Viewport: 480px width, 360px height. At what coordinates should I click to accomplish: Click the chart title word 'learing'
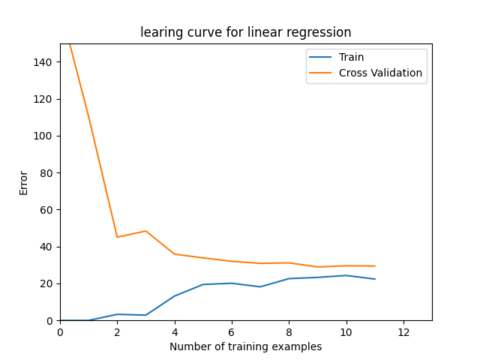(x=160, y=32)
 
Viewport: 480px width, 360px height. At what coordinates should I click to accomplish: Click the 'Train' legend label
(x=351, y=57)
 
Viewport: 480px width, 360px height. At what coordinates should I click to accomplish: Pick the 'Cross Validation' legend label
(x=380, y=73)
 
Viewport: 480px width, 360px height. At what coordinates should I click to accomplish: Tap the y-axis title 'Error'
(x=23, y=183)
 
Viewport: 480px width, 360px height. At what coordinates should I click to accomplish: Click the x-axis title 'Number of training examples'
(x=245, y=346)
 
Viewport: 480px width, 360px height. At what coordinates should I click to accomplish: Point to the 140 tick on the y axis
(x=42, y=62)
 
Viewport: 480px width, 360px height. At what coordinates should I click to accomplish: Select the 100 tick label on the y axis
(x=42, y=136)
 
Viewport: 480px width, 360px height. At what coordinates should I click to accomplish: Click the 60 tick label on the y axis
(x=46, y=210)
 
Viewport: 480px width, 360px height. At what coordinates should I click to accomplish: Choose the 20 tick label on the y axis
(x=46, y=283)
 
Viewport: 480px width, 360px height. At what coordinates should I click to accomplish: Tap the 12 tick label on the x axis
(x=403, y=332)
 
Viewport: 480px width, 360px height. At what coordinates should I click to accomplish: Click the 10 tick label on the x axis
(x=346, y=332)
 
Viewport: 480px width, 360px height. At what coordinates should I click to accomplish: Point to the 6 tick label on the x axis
(x=232, y=332)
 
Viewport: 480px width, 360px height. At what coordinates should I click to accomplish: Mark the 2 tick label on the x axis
(x=117, y=332)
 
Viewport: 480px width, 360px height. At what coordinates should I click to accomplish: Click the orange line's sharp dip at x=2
(x=117, y=237)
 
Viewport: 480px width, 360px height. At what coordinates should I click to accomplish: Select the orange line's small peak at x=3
(x=146, y=231)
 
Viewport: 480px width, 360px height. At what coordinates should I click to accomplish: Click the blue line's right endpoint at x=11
(x=375, y=279)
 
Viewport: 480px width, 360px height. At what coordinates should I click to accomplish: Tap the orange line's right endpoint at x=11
(x=375, y=266)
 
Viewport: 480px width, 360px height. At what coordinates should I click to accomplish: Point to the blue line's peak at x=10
(x=346, y=275)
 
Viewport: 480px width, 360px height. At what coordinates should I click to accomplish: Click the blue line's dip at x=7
(x=260, y=286)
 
